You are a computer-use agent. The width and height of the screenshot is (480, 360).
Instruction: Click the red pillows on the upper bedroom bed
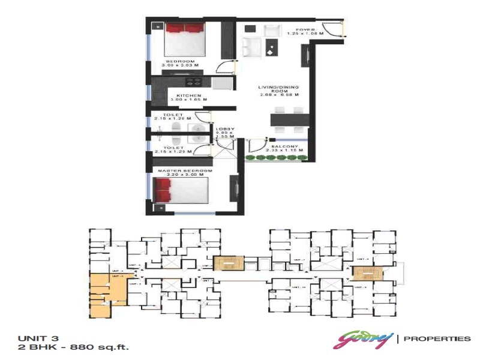click(x=185, y=28)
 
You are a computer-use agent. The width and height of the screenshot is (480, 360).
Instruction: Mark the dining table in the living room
click(x=289, y=120)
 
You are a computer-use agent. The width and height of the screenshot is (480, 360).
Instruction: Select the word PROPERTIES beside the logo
click(x=437, y=339)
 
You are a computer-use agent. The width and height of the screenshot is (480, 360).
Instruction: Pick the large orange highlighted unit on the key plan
click(x=108, y=289)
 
